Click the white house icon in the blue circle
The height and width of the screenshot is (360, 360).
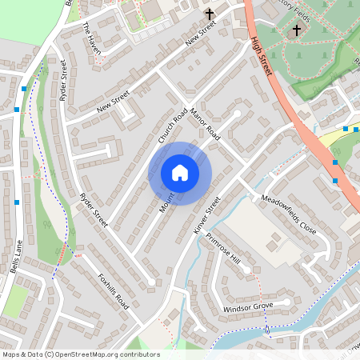tap(180, 173)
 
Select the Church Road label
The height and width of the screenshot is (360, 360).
tap(172, 126)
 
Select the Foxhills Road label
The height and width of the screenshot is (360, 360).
tap(113, 291)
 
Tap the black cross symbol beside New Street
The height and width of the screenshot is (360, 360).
tap(210, 14)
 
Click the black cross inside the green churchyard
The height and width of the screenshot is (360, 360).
tap(296, 30)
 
